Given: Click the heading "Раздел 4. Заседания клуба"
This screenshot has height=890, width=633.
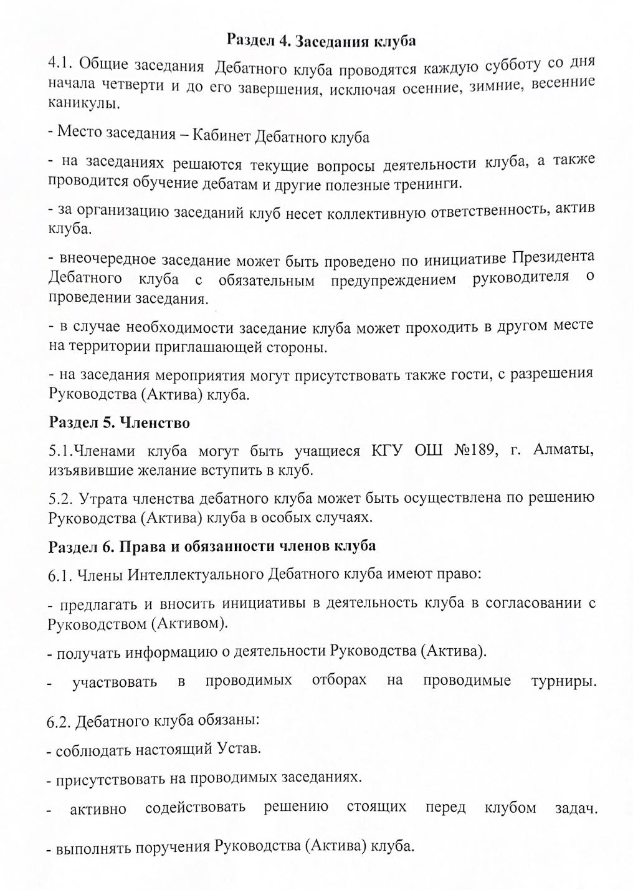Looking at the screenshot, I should tap(320, 41).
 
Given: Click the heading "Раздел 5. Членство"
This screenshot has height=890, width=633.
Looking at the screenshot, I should tap(119, 423).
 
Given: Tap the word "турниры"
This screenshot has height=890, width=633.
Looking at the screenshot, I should tap(564, 681).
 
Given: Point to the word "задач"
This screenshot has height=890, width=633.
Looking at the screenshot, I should tap(576, 809).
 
